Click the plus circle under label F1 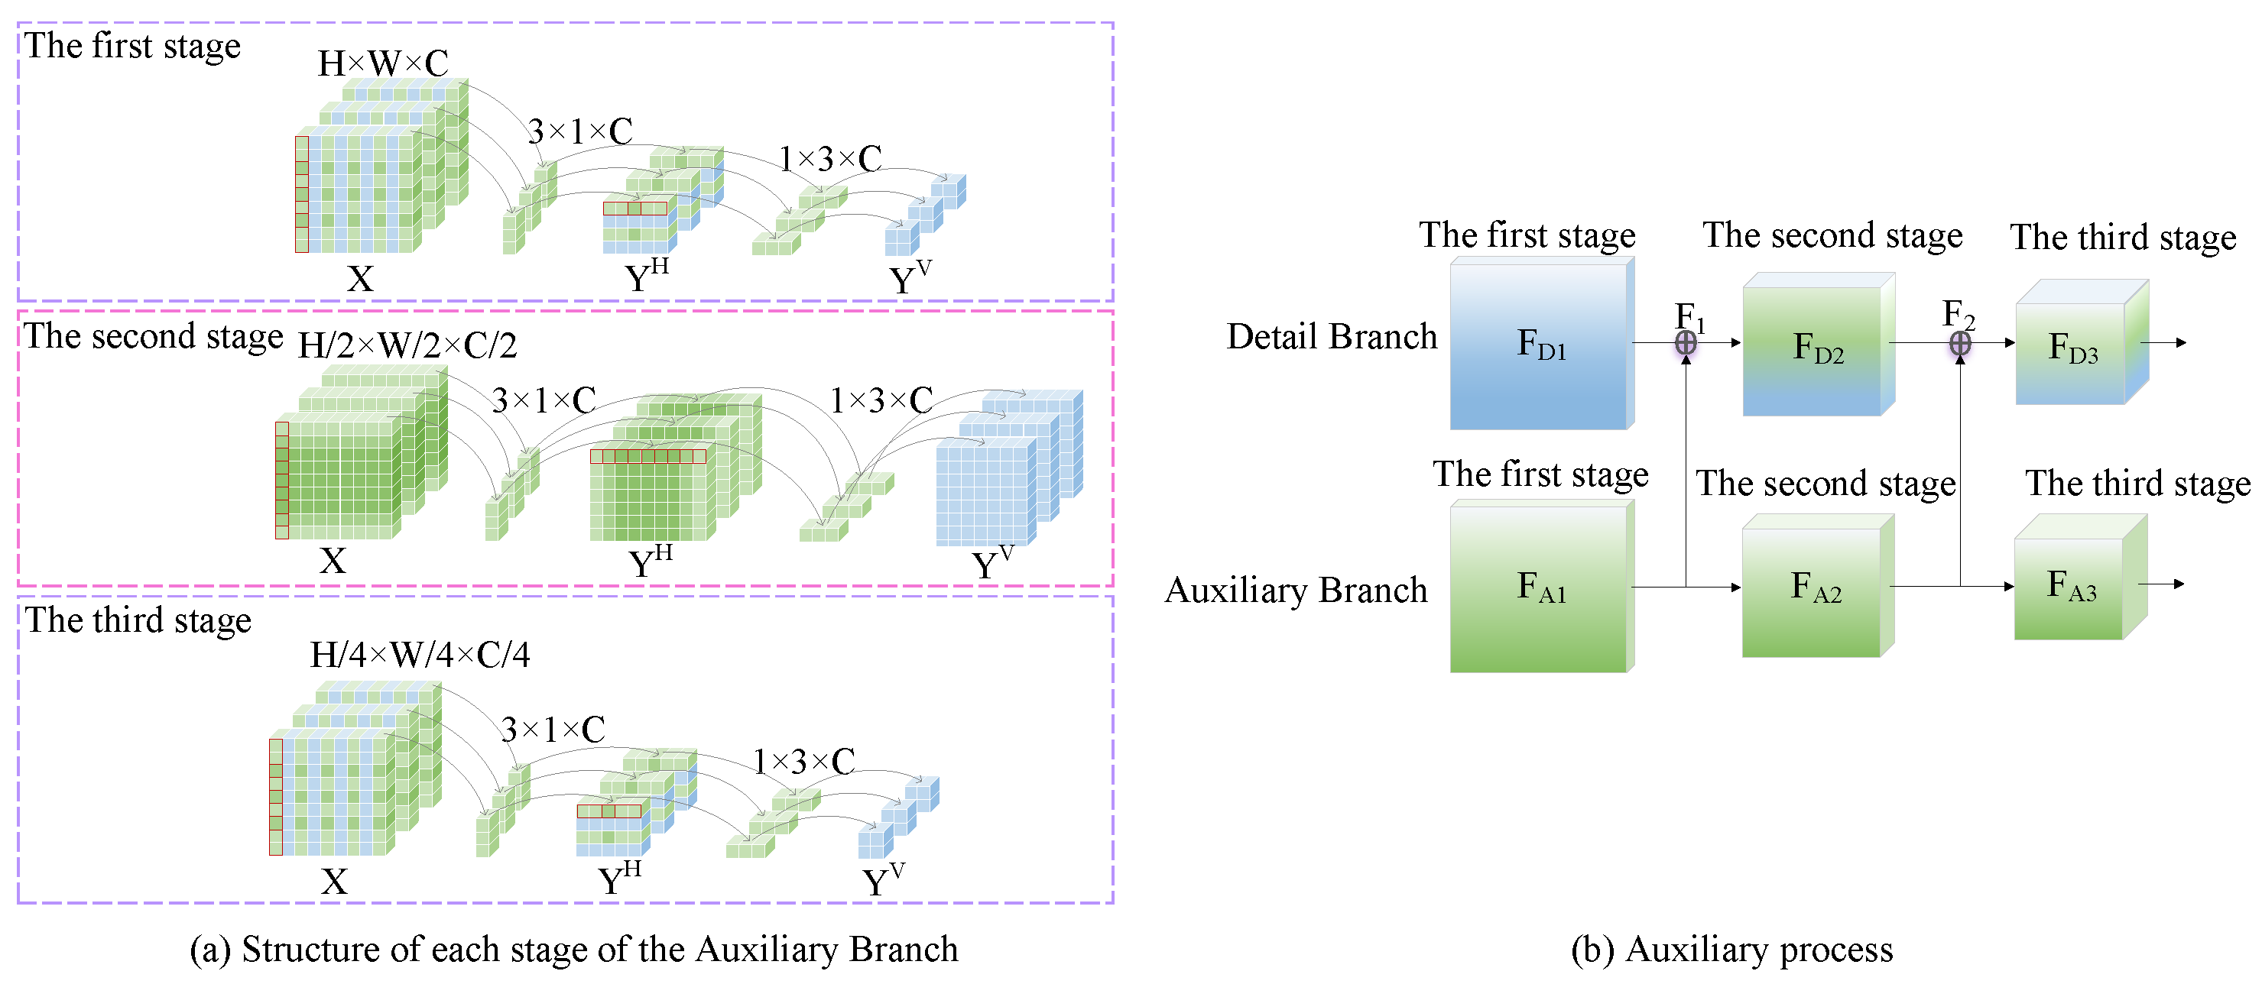[1685, 343]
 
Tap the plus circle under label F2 [1960, 343]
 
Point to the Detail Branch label [1331, 337]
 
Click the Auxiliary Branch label [1296, 591]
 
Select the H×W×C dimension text [383, 63]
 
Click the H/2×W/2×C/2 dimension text [407, 346]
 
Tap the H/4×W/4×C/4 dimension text [420, 655]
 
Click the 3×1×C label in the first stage [579, 131]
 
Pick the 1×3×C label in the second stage [881, 401]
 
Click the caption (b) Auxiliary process [1731, 950]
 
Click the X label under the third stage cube [333, 881]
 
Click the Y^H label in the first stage [646, 277]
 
